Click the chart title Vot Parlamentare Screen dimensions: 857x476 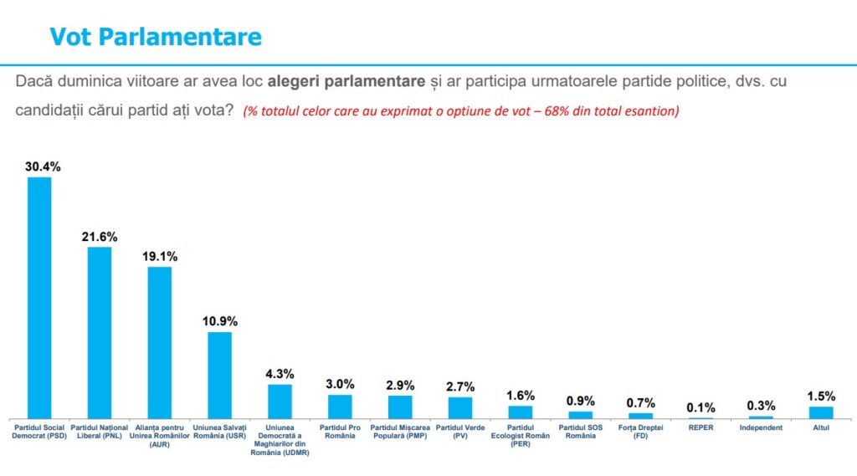pos(156,37)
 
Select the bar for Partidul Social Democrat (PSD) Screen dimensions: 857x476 pos(39,298)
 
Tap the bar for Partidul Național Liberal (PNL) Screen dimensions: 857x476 pos(100,333)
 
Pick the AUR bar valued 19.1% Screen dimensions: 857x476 pos(160,343)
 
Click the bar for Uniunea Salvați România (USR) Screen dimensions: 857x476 pos(220,376)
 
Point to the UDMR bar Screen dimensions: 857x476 pos(280,402)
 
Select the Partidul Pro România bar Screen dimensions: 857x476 pos(340,407)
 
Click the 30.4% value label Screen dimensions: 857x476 pos(43,166)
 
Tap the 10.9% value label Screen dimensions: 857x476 pos(220,321)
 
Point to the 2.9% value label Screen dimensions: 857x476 pos(400,386)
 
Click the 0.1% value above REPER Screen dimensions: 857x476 pos(700,407)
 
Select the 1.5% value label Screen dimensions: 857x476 pos(821,397)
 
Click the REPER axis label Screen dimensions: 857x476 pos(700,427)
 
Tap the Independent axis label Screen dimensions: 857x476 pos(761,427)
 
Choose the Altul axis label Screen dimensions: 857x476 pos(821,427)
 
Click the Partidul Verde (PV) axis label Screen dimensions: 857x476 pos(460,432)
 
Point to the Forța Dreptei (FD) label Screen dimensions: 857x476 pos(640,432)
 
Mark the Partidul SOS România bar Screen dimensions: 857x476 pos(581,415)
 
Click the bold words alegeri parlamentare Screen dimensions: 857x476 pos(346,81)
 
